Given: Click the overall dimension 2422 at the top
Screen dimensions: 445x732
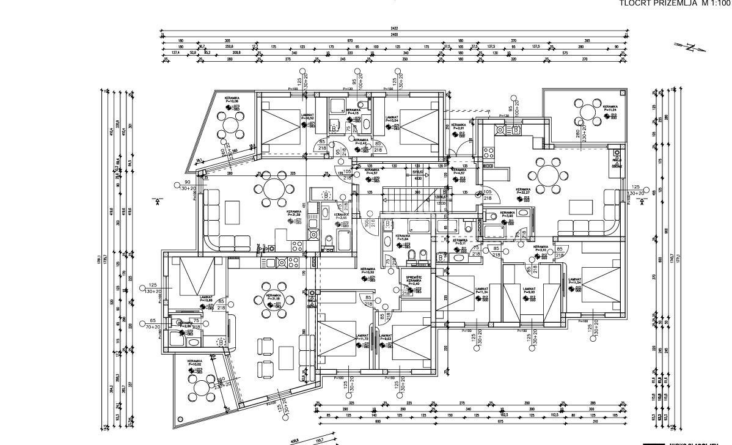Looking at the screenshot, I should [394, 29].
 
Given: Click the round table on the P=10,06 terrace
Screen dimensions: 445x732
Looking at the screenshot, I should [230, 126].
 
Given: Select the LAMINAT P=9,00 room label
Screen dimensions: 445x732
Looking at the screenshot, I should [529, 292].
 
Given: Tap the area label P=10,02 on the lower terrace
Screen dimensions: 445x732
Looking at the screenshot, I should [195, 364].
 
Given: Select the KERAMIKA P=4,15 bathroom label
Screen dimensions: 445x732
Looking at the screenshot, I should [353, 112].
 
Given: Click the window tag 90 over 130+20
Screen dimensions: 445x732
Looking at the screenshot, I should [187, 185].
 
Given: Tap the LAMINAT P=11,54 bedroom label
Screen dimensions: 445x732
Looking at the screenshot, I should [574, 282].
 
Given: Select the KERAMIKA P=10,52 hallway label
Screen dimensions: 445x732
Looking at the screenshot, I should [367, 271].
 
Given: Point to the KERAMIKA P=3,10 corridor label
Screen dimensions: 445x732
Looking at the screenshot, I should [540, 249].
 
